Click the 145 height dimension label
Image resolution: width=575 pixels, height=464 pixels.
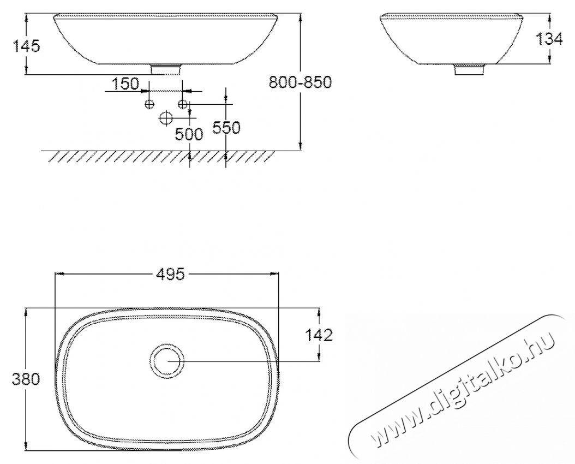(26, 46)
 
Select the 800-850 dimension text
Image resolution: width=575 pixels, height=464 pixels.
(301, 82)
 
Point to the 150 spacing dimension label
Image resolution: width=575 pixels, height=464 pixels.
(125, 84)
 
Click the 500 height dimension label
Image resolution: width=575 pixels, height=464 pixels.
(189, 134)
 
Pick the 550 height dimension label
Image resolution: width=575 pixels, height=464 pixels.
(226, 128)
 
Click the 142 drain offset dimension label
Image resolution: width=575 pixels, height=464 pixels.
(319, 335)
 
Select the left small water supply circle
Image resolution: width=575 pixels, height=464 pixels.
(149, 104)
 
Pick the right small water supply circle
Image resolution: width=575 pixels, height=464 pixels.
(183, 104)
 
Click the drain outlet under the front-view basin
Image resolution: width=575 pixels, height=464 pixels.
(166, 68)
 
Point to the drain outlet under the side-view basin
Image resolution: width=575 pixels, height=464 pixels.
(470, 70)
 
